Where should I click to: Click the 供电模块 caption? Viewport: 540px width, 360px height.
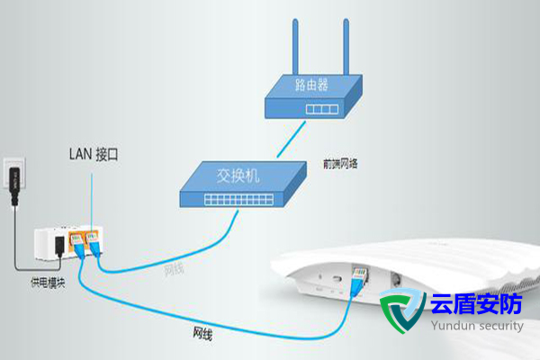[44, 283]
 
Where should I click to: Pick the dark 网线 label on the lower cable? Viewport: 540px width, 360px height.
[204, 332]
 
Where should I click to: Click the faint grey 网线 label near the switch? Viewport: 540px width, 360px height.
[175, 268]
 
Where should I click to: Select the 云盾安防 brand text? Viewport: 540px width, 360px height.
[476, 305]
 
